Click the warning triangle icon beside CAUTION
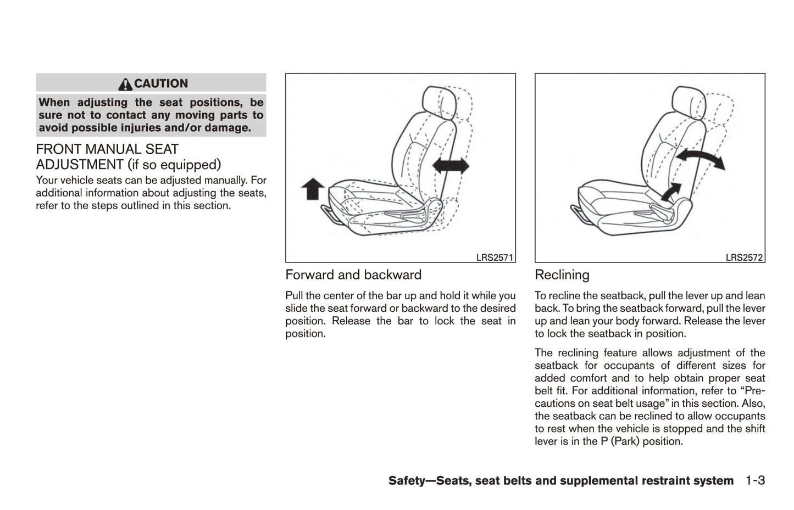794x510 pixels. click(x=125, y=84)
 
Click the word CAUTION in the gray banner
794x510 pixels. click(x=161, y=84)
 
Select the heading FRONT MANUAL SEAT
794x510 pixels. click(x=107, y=149)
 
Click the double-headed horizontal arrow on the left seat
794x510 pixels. click(x=451, y=165)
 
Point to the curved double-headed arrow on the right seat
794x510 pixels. click(x=699, y=159)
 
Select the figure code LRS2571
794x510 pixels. click(x=495, y=257)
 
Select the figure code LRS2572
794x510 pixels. click(x=744, y=257)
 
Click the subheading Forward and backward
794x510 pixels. click(x=353, y=275)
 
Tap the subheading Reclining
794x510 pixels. click(x=562, y=275)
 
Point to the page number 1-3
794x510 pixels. click(x=755, y=481)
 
